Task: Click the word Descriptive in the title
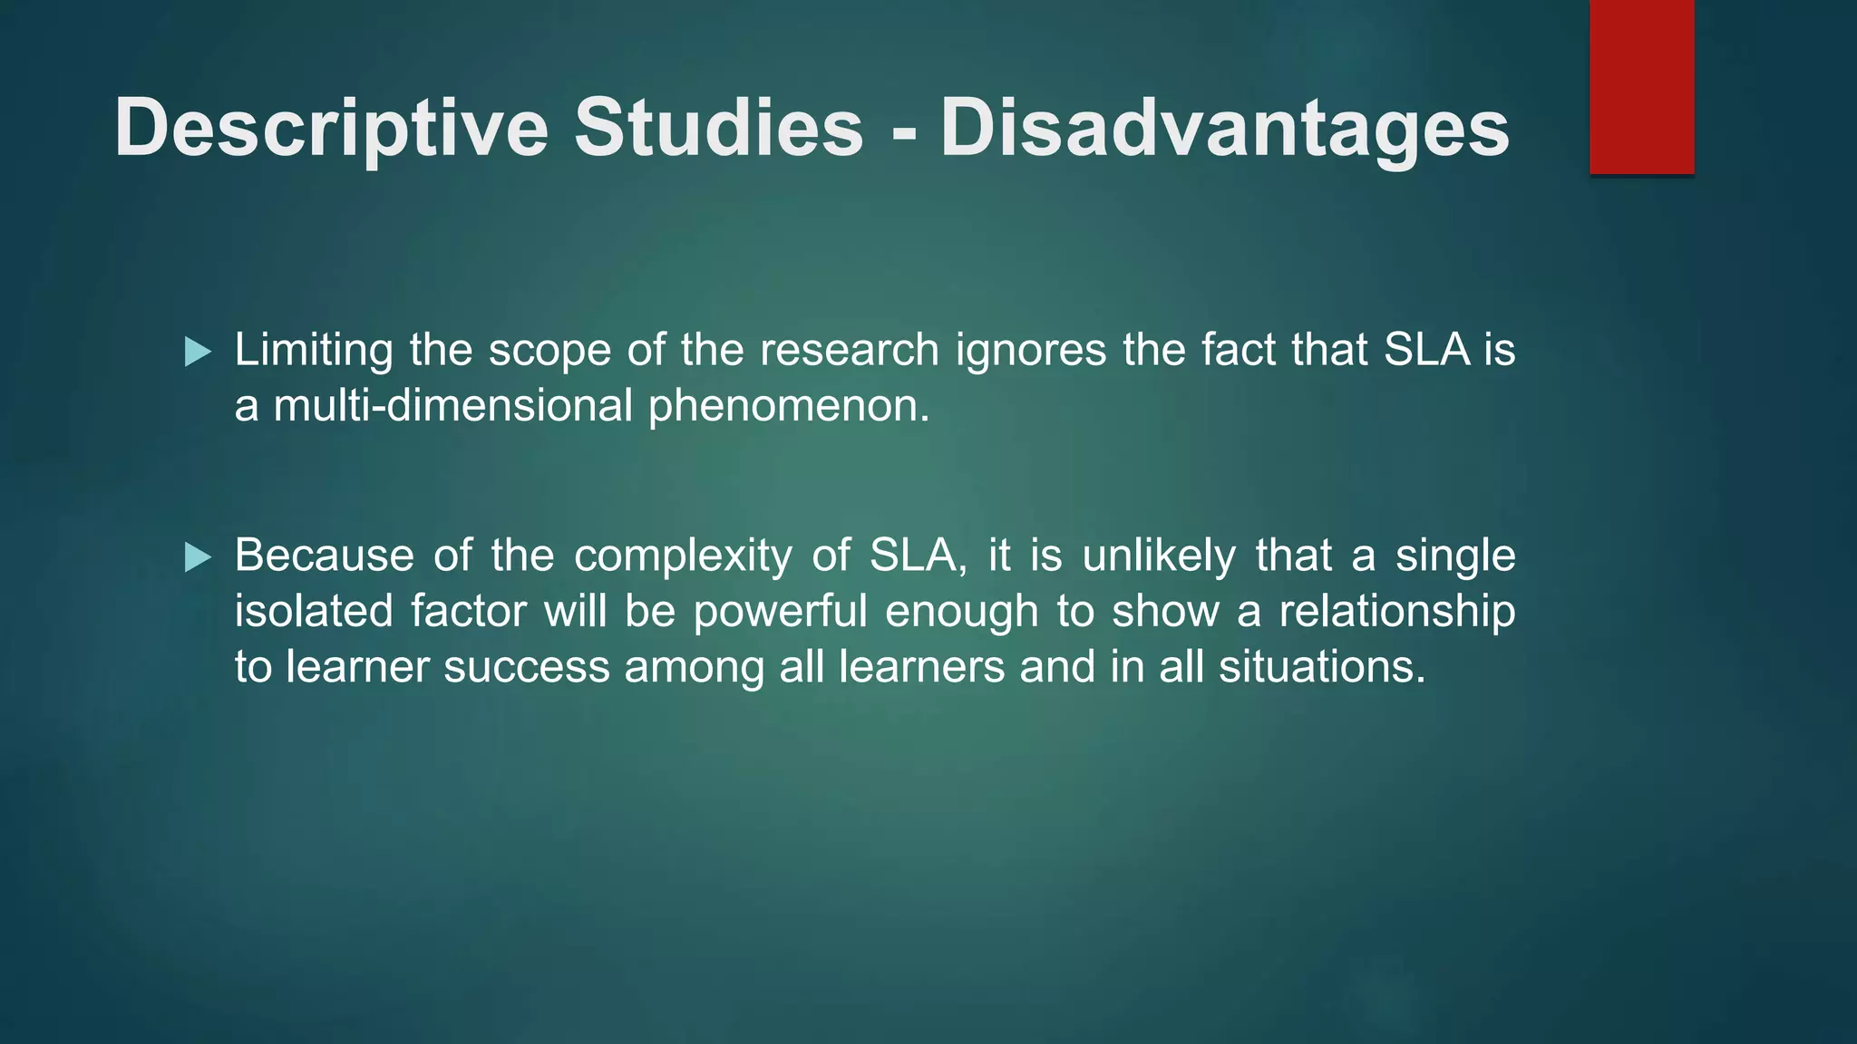click(x=331, y=129)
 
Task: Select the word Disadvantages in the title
click(x=1225, y=129)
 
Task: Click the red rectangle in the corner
click(x=1641, y=86)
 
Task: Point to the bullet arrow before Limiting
click(x=198, y=352)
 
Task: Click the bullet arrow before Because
click(x=198, y=557)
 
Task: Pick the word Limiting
click(x=314, y=350)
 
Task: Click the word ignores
click(x=1031, y=352)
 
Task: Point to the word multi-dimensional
click(x=452, y=405)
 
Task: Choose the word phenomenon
click(x=788, y=407)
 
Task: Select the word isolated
click(x=314, y=611)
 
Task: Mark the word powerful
click(x=781, y=611)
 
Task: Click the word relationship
click(x=1396, y=613)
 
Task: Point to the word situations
click(x=1322, y=667)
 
